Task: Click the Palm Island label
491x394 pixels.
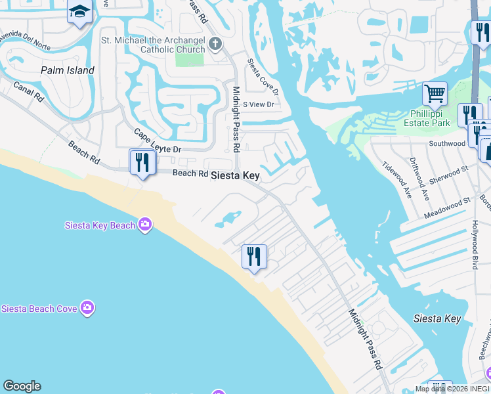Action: (x=67, y=70)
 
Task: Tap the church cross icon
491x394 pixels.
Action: (x=215, y=45)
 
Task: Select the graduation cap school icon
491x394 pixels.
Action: (x=79, y=12)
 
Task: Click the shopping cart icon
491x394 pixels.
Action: (x=434, y=93)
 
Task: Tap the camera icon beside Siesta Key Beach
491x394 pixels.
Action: (x=145, y=225)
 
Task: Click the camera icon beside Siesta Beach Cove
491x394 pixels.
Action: (x=87, y=307)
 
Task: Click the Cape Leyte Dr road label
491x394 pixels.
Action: (x=157, y=141)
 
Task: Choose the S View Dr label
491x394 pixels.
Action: (x=258, y=104)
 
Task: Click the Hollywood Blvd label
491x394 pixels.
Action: (x=475, y=245)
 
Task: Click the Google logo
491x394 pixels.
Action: (x=22, y=386)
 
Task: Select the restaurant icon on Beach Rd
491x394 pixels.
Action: (x=142, y=162)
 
